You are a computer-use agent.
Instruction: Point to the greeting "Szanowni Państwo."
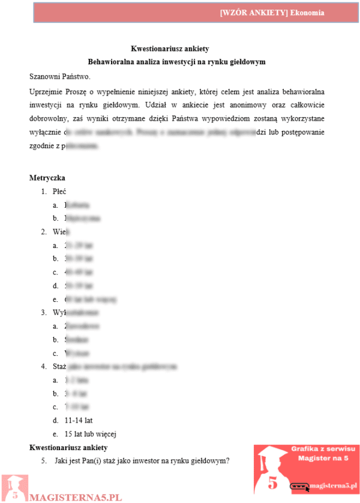[x=59, y=76]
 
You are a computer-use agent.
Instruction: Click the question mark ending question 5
[x=229, y=461]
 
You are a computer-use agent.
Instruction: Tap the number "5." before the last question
[x=44, y=461]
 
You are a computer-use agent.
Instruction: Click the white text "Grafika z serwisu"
[x=323, y=449]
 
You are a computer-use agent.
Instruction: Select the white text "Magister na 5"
[x=323, y=459]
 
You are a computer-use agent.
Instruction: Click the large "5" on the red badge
[x=273, y=482]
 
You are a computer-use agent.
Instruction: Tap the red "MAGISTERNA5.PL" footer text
[x=76, y=498]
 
